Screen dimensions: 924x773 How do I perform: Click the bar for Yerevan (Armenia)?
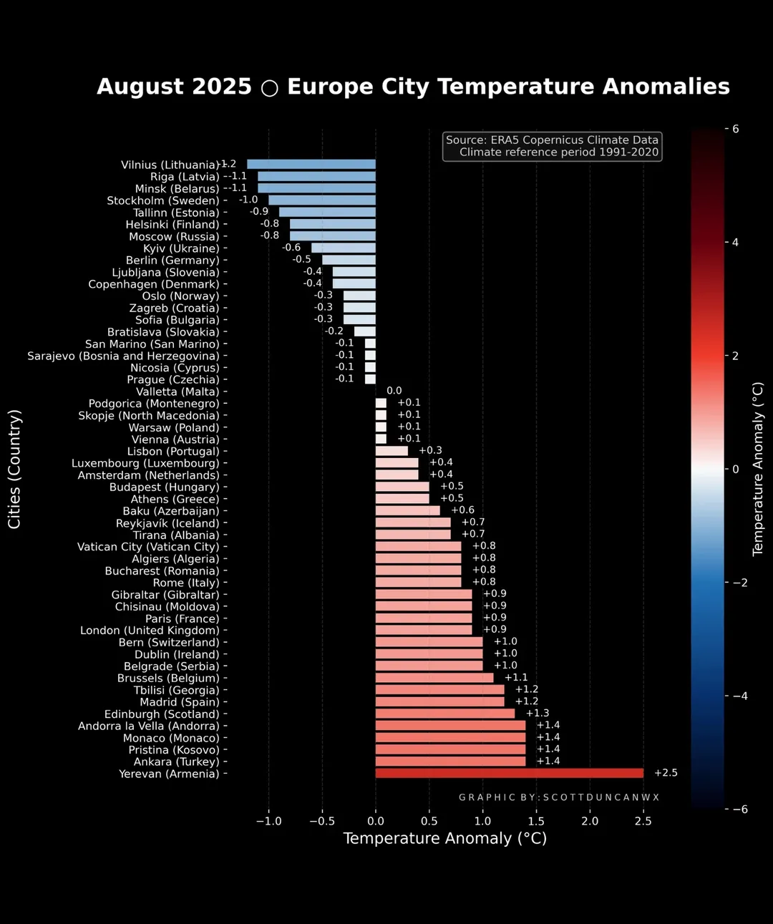(509, 773)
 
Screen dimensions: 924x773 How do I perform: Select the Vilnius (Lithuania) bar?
(311, 164)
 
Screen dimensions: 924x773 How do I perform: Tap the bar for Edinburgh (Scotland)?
(444, 714)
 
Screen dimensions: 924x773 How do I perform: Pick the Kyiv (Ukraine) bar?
(344, 248)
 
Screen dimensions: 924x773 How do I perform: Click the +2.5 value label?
(666, 773)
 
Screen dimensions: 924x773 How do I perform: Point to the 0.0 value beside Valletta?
(394, 391)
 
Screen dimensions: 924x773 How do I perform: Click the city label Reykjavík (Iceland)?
(167, 523)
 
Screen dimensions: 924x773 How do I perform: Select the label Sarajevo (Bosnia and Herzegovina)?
(123, 356)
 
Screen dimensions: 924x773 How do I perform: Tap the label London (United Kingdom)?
(150, 631)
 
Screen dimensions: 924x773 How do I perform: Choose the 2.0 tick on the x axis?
(590, 821)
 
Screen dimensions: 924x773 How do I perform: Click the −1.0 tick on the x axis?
(268, 821)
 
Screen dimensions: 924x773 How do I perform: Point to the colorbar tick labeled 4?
(735, 242)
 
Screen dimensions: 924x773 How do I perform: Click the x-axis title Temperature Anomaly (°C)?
(444, 839)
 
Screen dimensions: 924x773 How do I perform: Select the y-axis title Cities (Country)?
(14, 469)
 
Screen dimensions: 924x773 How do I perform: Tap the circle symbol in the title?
(269, 87)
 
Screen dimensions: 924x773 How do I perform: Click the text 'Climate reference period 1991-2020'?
(558, 152)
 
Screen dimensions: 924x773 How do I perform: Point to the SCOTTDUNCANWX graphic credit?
(558, 797)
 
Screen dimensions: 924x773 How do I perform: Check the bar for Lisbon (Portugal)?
(392, 451)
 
